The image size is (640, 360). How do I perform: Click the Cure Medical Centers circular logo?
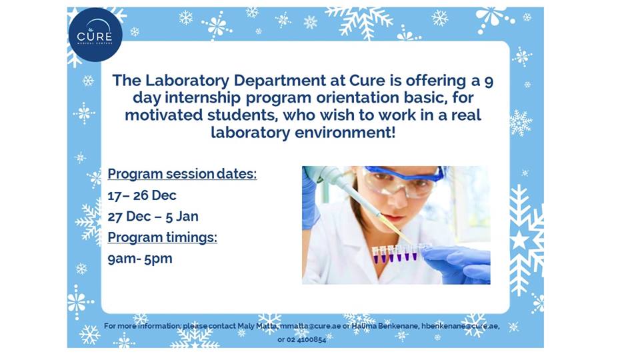click(x=95, y=35)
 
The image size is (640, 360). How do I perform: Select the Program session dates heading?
click(x=182, y=175)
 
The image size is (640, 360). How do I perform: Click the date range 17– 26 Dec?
click(x=142, y=195)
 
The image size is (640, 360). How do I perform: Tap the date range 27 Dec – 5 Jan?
click(x=153, y=216)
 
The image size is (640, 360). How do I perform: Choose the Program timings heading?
click(x=163, y=237)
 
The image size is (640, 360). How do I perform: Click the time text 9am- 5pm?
click(x=139, y=258)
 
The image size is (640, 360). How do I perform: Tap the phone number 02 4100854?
click(x=307, y=339)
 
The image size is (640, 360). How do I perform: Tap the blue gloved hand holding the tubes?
click(x=460, y=261)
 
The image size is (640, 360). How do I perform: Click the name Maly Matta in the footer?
click(x=256, y=326)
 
